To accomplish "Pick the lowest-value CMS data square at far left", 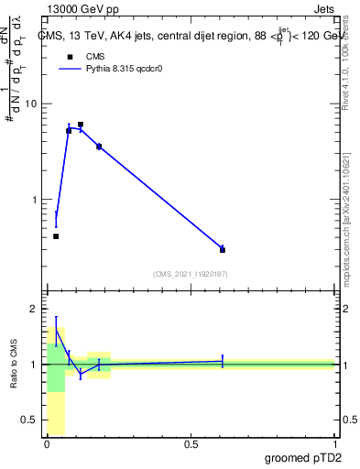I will click(56, 236).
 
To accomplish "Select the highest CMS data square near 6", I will click(81, 125).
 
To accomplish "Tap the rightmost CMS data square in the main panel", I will click(223, 249).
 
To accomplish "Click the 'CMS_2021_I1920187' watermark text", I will click(190, 273).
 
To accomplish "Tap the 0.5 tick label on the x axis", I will click(191, 444).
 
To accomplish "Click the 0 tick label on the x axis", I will click(47, 444).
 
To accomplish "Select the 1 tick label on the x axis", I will click(334, 444).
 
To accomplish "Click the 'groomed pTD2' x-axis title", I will click(302, 458).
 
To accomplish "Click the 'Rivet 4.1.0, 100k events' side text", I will click(345, 60).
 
